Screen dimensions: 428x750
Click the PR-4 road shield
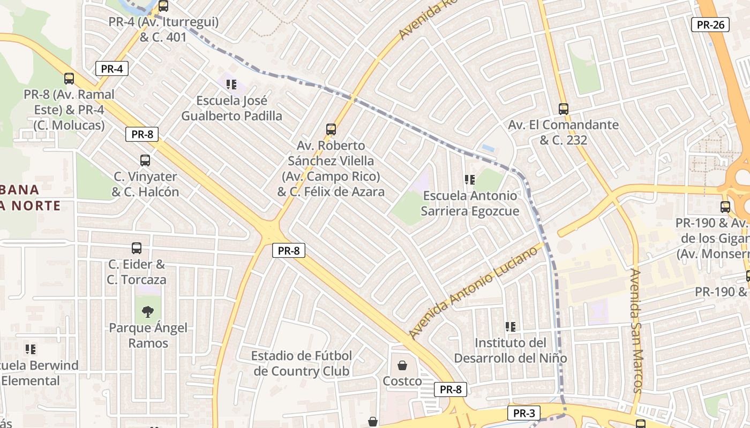[x=111, y=68]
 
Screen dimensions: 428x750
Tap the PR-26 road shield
[x=710, y=24]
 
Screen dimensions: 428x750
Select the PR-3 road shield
[x=523, y=413]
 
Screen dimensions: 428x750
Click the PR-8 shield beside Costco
[x=450, y=389]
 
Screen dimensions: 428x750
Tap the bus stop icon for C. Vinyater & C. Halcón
[x=145, y=160]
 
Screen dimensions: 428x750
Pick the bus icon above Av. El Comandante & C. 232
[x=563, y=109]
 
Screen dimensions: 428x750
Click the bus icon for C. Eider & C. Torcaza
[x=137, y=248]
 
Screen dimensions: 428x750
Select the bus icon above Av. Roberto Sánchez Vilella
[x=331, y=129]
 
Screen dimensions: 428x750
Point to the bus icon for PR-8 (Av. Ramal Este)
[x=69, y=79]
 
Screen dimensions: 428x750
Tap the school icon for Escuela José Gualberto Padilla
[x=231, y=85]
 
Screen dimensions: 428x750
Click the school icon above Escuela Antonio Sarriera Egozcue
[x=470, y=180]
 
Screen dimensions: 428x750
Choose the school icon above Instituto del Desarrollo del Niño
[x=511, y=326]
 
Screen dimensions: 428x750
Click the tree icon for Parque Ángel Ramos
[x=148, y=311]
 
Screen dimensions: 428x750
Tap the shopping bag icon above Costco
[x=402, y=366]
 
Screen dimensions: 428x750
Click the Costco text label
[x=402, y=381]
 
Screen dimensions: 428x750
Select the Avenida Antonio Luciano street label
[x=473, y=291]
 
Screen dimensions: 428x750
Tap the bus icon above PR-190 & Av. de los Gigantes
[x=725, y=207]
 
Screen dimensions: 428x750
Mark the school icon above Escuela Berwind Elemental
[x=31, y=349]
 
